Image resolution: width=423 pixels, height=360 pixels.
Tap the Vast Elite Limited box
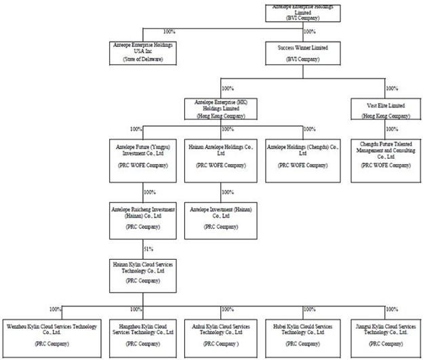pos(384,111)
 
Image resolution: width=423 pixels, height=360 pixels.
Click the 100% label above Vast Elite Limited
pos(392,88)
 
